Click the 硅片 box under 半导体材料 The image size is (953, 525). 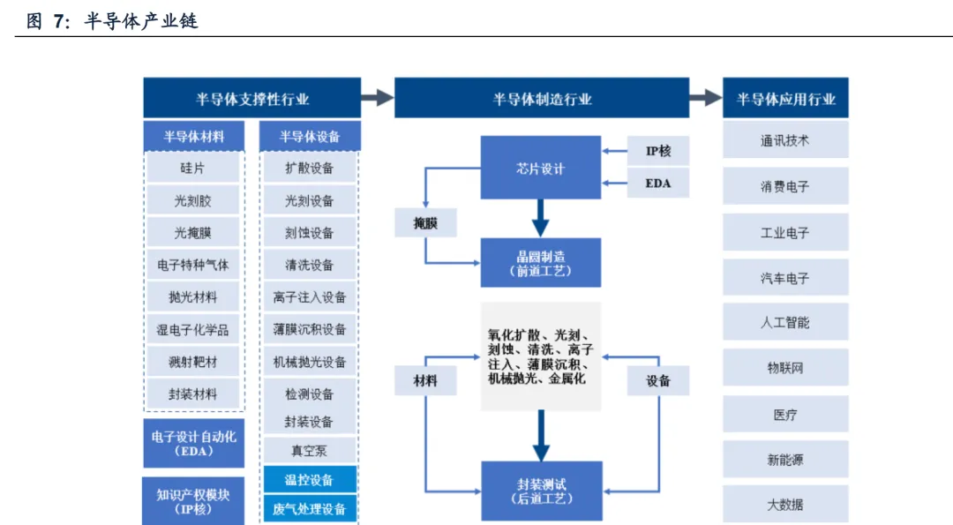(x=192, y=168)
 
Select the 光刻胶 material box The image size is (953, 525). (x=192, y=200)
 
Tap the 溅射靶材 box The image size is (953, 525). (x=192, y=362)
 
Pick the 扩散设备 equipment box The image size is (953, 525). (x=309, y=168)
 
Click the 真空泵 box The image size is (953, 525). (x=309, y=450)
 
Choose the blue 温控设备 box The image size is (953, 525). (x=309, y=480)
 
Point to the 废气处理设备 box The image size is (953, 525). (x=309, y=508)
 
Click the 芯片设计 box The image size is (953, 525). (x=540, y=168)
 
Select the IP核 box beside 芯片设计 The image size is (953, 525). (x=658, y=151)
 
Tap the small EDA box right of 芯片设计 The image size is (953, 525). (x=658, y=184)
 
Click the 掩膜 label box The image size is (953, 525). (x=425, y=223)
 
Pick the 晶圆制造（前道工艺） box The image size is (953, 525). (x=540, y=263)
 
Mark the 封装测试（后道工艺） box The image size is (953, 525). (x=541, y=491)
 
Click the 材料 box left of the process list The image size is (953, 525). (x=425, y=380)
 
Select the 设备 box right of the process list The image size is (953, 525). (x=658, y=380)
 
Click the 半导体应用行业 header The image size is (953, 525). (x=785, y=99)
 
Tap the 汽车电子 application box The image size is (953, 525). (x=785, y=278)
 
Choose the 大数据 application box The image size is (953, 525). (x=785, y=505)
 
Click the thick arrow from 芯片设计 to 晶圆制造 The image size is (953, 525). (x=540, y=218)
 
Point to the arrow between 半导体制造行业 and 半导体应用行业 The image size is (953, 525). (x=705, y=98)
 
